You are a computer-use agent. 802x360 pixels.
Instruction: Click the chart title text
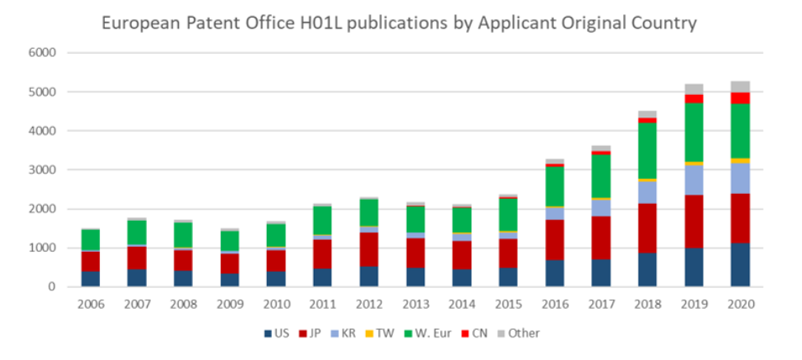(x=399, y=23)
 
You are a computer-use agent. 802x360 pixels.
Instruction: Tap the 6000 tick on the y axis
(x=43, y=53)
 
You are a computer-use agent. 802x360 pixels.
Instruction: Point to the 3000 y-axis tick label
(x=43, y=170)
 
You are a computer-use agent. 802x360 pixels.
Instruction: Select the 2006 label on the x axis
(x=90, y=304)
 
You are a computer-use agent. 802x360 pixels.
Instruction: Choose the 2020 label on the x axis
(x=739, y=304)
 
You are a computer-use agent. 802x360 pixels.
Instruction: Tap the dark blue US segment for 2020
(x=739, y=265)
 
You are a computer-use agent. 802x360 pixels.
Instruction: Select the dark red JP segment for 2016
(x=554, y=240)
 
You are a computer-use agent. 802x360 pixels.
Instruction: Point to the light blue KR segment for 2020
(x=739, y=178)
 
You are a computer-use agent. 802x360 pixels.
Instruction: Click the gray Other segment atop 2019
(x=693, y=89)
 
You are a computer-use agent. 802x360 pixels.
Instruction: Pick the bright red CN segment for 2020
(x=739, y=98)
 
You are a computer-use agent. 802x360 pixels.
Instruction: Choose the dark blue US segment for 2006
(x=90, y=279)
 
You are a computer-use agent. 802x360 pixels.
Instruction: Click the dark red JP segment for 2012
(x=368, y=249)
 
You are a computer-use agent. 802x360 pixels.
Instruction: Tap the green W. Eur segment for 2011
(x=322, y=221)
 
